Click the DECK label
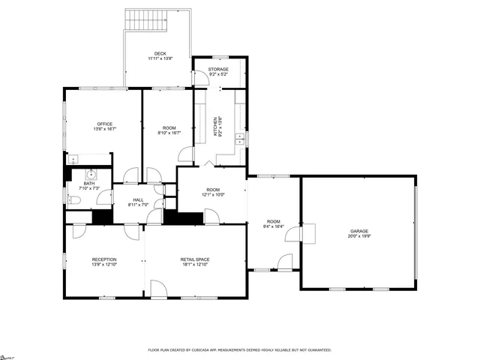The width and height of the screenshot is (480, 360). [160, 53]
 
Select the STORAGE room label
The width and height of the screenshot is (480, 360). [218, 69]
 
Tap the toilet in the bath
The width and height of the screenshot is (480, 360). [74, 199]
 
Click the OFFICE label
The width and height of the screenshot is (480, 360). [104, 124]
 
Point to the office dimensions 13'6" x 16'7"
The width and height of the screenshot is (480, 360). [104, 130]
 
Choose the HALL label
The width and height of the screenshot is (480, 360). [138, 199]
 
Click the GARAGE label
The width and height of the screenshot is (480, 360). [359, 231]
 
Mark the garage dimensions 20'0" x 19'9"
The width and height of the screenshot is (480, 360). [359, 237]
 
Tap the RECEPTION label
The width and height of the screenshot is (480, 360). [104, 259]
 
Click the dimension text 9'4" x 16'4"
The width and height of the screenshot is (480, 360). [274, 226]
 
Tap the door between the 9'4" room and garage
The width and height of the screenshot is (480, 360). [310, 234]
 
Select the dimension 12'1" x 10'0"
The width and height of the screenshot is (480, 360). [213, 195]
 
